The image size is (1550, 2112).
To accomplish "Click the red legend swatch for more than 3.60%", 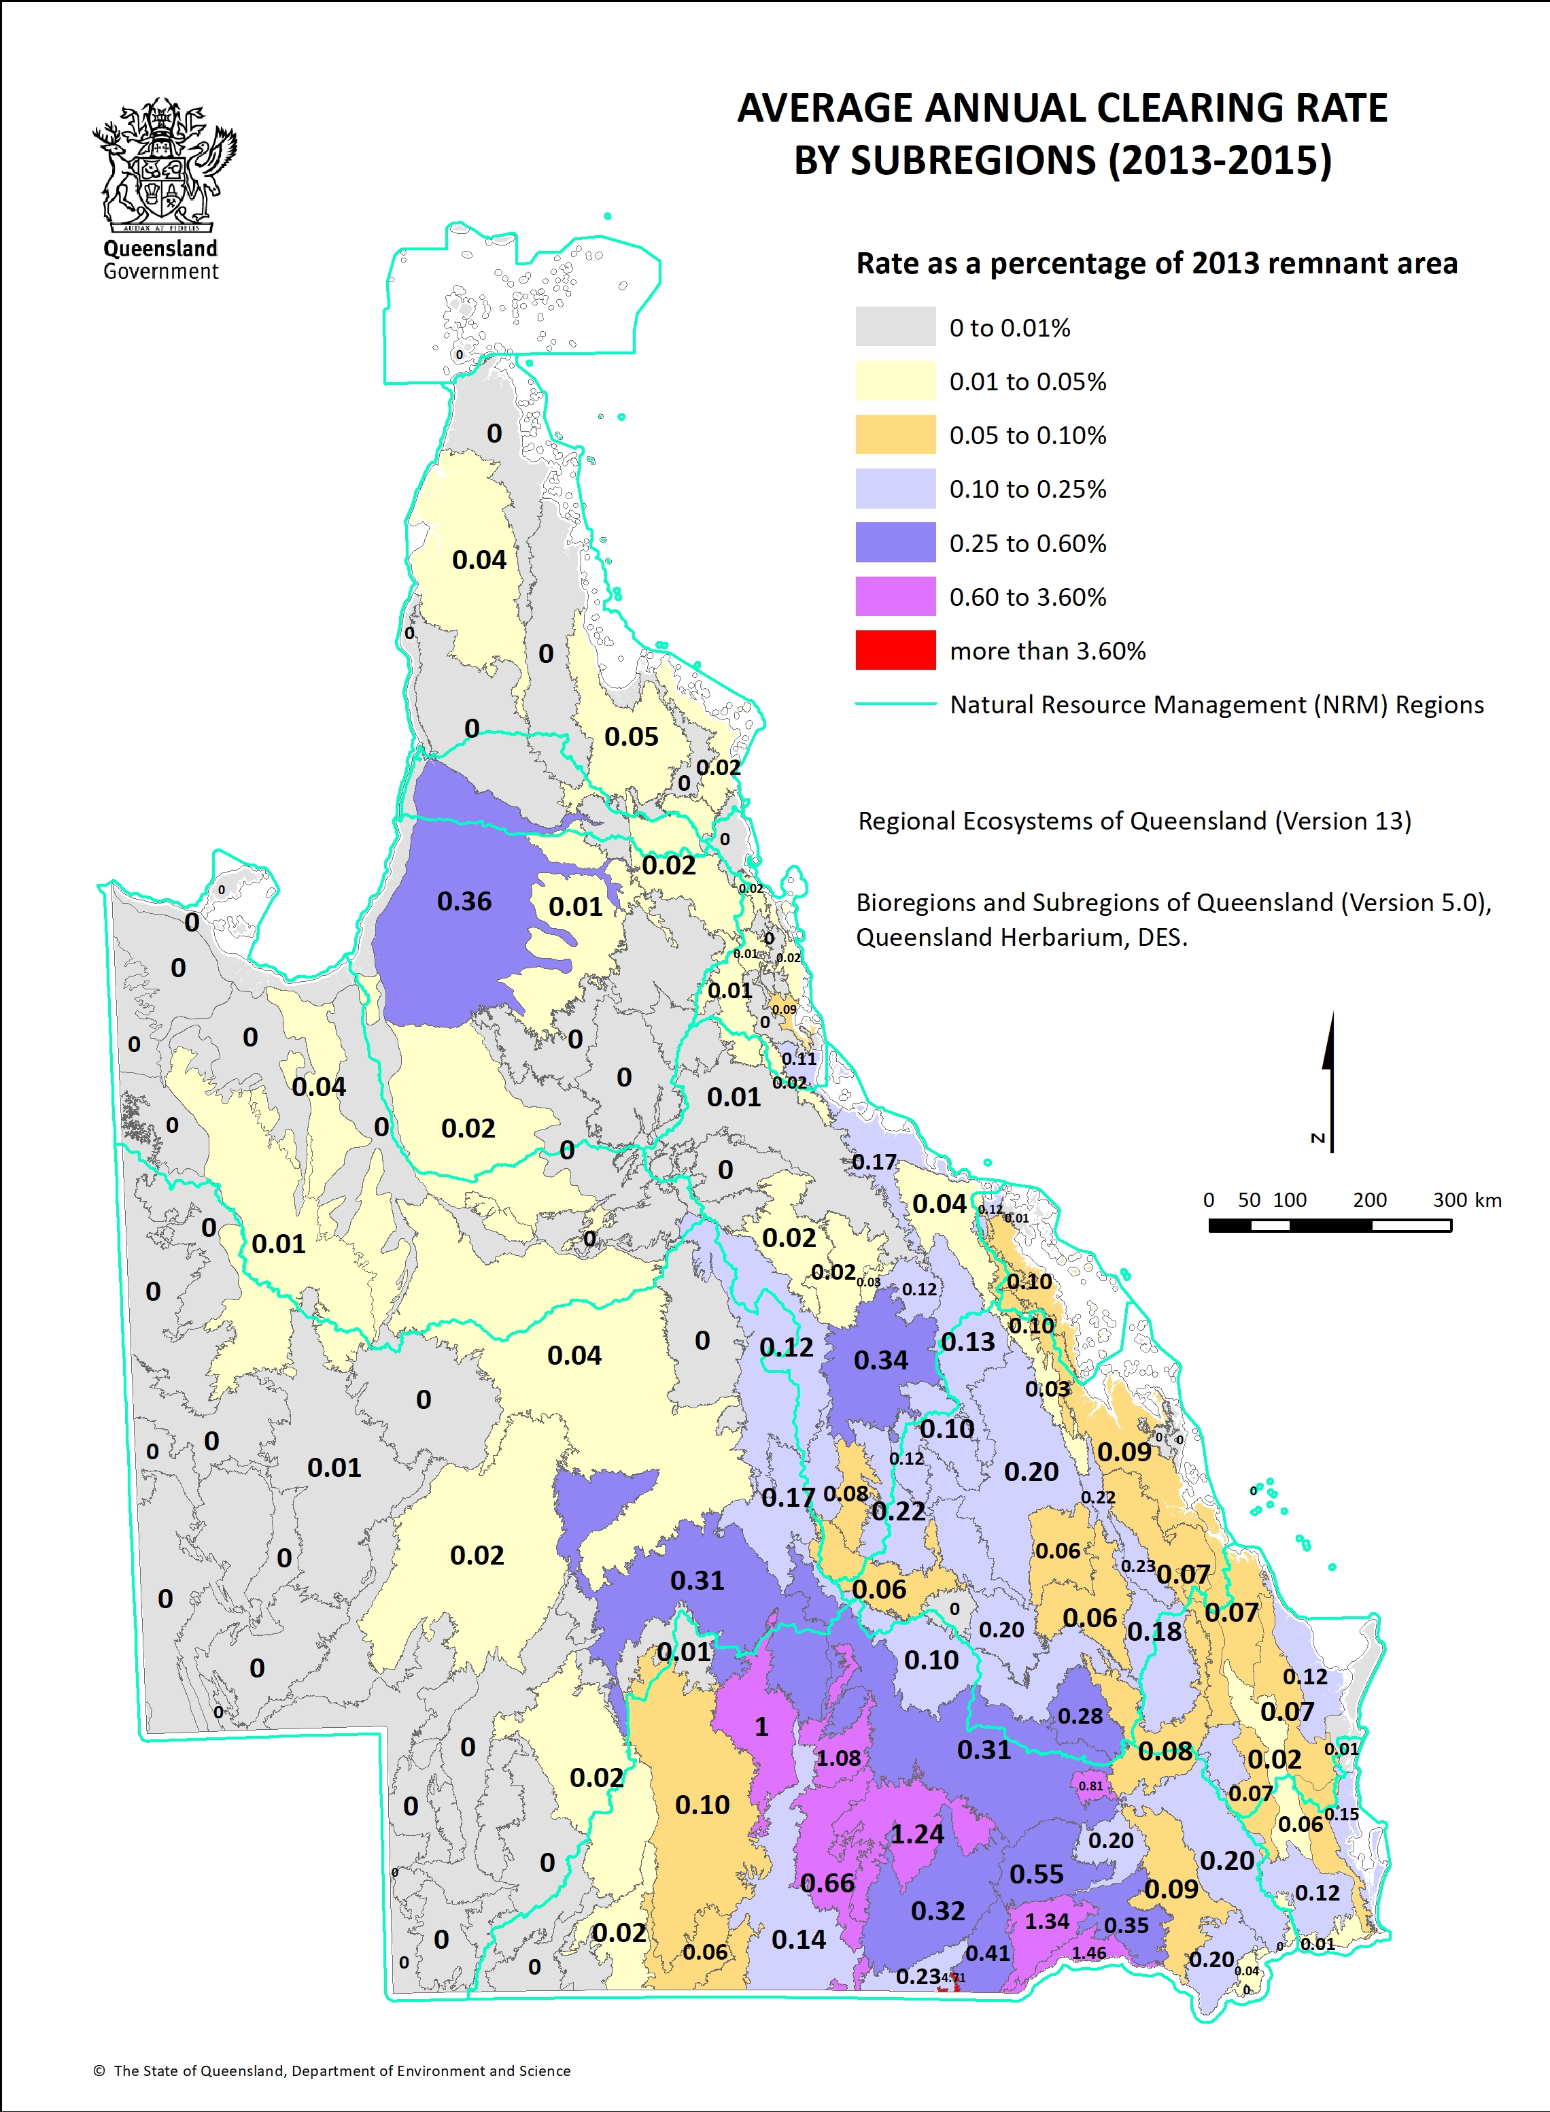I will [895, 649].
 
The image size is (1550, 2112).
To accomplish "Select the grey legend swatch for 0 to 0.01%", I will [895, 326].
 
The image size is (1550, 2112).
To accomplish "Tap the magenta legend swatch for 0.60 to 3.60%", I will [895, 596].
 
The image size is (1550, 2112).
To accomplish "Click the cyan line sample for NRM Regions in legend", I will [895, 704].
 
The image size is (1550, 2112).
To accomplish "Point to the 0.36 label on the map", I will [464, 901].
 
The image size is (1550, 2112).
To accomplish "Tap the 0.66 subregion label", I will [827, 1883].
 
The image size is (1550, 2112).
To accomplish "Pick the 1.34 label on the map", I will [1046, 1921].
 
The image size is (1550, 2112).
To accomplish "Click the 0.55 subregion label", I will [1036, 1874].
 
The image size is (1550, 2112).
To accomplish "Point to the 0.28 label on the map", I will [1080, 1716].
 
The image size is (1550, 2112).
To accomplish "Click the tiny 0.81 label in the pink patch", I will [1090, 1786].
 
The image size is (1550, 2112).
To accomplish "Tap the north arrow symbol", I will [1328, 1079].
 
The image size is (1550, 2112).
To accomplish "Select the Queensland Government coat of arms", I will [165, 164].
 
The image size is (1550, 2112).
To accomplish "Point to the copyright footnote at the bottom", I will [332, 2070].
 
